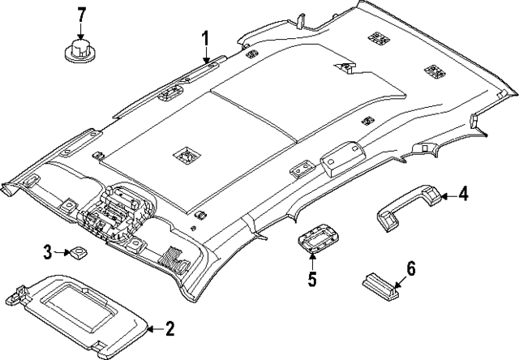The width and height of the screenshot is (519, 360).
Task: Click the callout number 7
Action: (81, 16)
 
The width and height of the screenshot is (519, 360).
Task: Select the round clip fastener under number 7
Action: (80, 50)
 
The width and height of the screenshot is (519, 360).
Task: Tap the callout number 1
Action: (206, 39)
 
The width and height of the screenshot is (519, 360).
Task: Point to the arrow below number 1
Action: (206, 55)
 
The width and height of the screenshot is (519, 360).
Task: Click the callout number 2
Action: (169, 329)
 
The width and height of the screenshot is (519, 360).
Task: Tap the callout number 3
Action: (49, 252)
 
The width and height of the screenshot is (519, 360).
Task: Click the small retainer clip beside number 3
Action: (78, 253)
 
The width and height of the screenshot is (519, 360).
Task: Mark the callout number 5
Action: (312, 279)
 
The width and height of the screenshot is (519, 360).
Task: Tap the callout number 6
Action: (410, 268)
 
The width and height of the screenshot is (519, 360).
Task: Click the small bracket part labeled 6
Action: (380, 286)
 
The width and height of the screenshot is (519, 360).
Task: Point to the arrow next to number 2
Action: (155, 329)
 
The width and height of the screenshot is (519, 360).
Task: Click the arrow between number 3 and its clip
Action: (62, 252)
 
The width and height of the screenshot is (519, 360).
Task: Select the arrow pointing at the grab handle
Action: (449, 196)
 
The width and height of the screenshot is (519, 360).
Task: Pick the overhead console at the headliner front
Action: (114, 212)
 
